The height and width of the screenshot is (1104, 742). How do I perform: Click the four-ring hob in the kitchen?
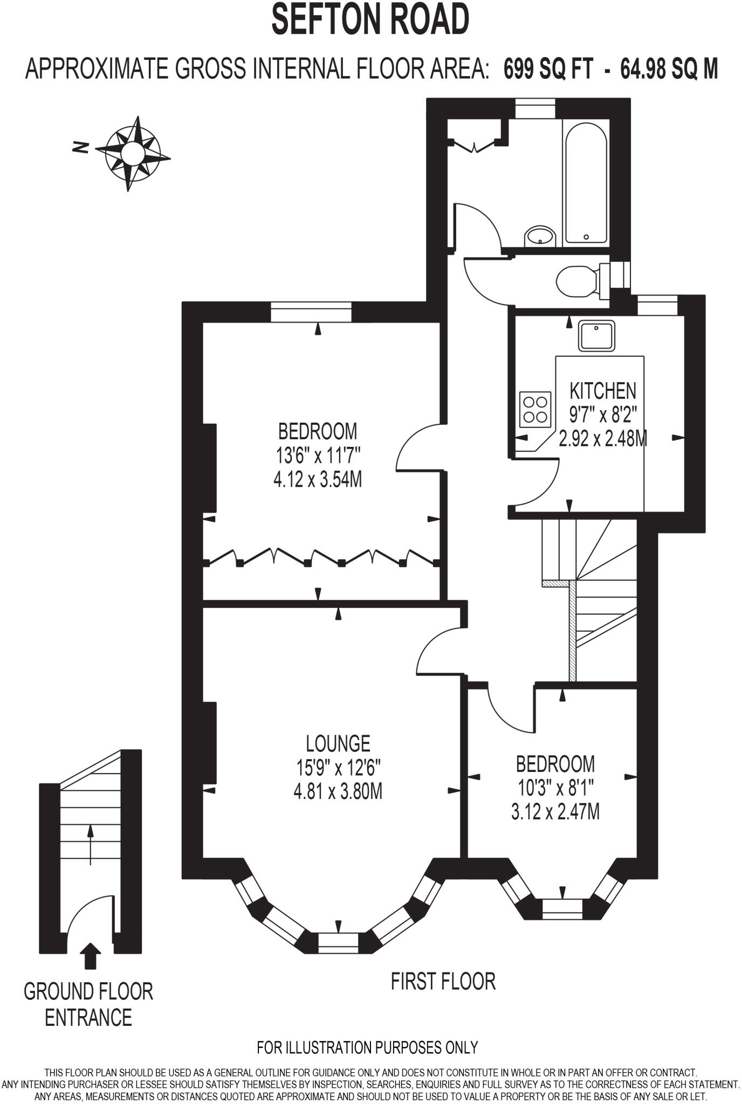(x=535, y=409)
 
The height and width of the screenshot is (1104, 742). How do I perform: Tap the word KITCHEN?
(x=603, y=390)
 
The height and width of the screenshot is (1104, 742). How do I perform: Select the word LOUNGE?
(x=338, y=743)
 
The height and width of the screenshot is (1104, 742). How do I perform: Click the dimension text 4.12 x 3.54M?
(x=318, y=479)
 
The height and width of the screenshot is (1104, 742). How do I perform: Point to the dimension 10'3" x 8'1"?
(x=555, y=788)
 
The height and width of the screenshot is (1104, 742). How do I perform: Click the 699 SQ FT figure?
(x=549, y=70)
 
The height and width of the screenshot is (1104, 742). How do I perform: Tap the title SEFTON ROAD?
(x=370, y=19)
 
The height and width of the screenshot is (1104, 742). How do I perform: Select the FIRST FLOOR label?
(x=443, y=981)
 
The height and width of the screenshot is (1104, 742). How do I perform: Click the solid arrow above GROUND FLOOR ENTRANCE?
(x=90, y=957)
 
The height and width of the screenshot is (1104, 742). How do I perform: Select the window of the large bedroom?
(x=311, y=312)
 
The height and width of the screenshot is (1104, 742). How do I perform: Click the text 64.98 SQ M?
(x=669, y=70)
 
